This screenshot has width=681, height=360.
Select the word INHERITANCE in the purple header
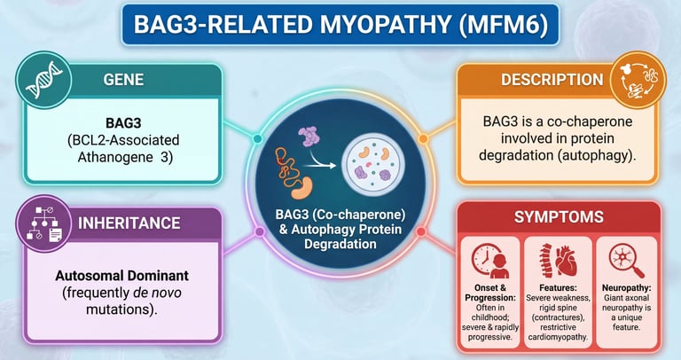pyautogui.click(x=143, y=223)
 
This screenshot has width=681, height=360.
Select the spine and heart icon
pyautogui.click(x=558, y=260)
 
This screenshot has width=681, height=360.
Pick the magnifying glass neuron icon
pyautogui.click(x=625, y=260)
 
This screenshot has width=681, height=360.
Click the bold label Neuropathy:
pyautogui.click(x=625, y=288)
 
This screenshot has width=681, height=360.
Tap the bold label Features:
pyautogui.click(x=558, y=288)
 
